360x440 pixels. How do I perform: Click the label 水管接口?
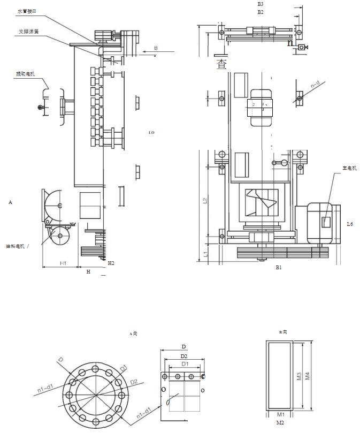[x=27, y=11]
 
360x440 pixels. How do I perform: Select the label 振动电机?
[x=25, y=74]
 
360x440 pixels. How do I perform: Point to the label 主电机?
[x=349, y=168]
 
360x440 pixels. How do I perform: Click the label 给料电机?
[x=16, y=246]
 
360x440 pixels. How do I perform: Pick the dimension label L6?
[x=350, y=224]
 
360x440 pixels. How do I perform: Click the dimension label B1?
[x=278, y=267]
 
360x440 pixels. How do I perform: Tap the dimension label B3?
[x=261, y=4]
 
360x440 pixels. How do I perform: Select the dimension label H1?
[x=63, y=263]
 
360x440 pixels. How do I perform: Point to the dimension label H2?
[x=111, y=263]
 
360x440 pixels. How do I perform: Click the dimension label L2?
[x=205, y=201]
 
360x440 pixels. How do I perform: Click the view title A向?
[x=134, y=333]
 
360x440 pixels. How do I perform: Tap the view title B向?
[x=284, y=332]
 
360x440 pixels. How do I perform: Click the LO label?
[x=151, y=132]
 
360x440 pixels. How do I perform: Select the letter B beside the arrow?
[x=156, y=48]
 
